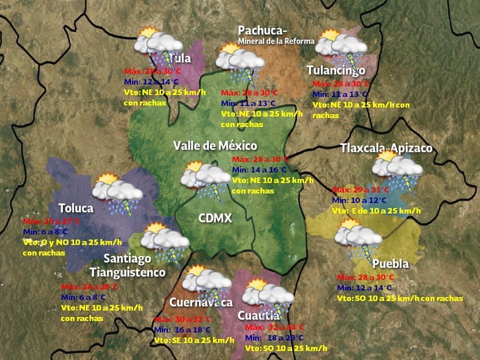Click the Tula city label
pyautogui.click(x=180, y=58)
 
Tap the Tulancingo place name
pyautogui.click(x=336, y=70)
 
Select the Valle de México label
pyautogui.click(x=215, y=146)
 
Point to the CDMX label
pyautogui.click(x=215, y=218)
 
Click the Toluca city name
pyautogui.click(x=76, y=207)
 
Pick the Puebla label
pyautogui.click(x=390, y=263)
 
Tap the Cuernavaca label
pyautogui.click(x=200, y=302)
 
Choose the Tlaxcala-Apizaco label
pyautogui.click(x=386, y=148)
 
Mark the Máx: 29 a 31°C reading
pyautogui.click(x=360, y=190)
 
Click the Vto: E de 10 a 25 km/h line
pyautogui.click(x=376, y=211)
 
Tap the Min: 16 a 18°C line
pyautogui.click(x=182, y=330)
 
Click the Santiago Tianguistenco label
pyautogui.click(x=127, y=265)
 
